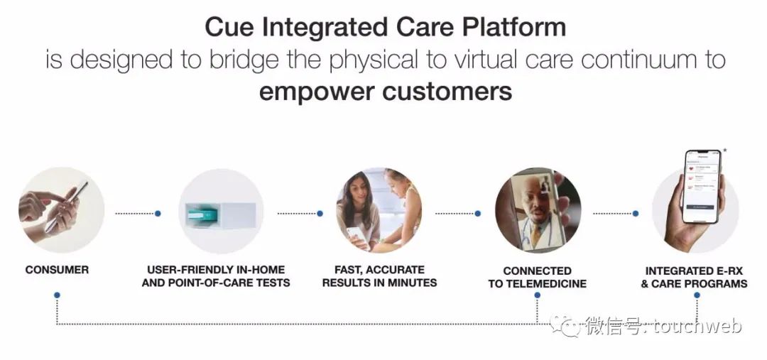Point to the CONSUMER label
[57, 270]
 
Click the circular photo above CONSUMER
[61, 210]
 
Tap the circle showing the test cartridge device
[221, 211]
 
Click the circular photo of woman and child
[379, 210]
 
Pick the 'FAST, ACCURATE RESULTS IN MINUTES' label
[379, 276]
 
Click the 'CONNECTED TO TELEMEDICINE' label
[537, 277]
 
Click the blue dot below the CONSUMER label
[57, 295]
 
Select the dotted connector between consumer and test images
[135, 212]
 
